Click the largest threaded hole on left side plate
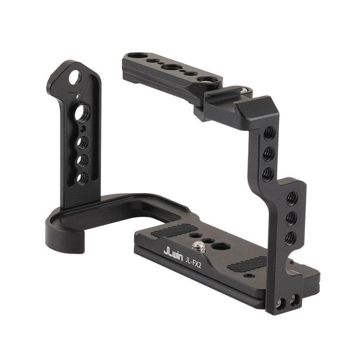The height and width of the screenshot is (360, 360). click(x=81, y=112)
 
